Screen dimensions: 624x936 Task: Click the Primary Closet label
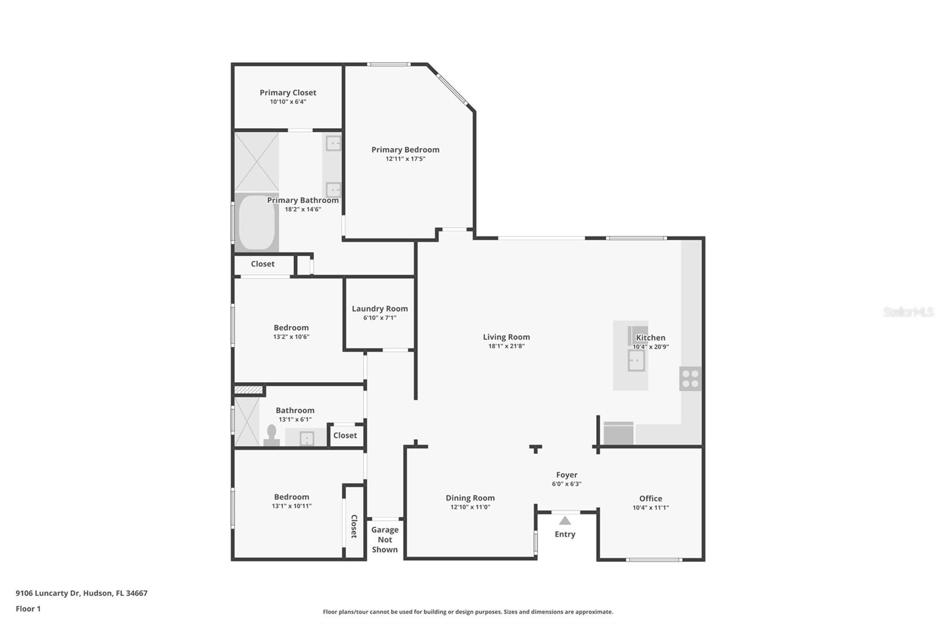point(288,92)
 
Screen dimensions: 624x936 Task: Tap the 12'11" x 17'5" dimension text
point(405,159)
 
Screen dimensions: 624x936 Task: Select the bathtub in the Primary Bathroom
point(256,222)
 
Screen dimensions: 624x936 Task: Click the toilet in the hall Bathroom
point(271,435)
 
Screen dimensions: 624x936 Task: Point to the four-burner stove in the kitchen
point(690,378)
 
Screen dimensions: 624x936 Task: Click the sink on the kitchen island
point(636,361)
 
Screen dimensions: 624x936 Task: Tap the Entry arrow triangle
point(565,520)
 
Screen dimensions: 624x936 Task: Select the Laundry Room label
point(380,308)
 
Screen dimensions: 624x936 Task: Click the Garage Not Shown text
point(384,540)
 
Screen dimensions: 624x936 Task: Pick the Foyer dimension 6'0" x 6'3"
point(566,484)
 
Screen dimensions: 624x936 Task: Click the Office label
point(651,498)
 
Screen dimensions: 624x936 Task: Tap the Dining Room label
point(470,498)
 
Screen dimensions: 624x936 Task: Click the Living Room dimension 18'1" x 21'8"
point(506,346)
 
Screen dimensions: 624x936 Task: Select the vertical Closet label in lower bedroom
point(354,526)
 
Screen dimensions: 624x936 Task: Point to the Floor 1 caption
point(28,609)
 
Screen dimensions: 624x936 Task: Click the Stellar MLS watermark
point(908,312)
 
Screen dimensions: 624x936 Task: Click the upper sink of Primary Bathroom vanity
point(333,143)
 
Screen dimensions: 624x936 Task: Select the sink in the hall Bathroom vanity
point(307,438)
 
